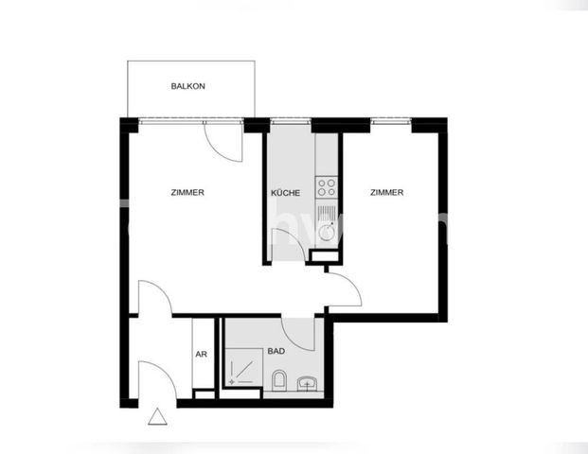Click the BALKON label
(x=187, y=86)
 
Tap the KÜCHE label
(x=285, y=193)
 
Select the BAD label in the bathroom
(x=276, y=350)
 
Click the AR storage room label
(x=201, y=356)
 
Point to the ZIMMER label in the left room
(x=187, y=193)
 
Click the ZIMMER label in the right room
(x=386, y=193)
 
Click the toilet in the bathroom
(x=278, y=381)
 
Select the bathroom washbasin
(x=307, y=382)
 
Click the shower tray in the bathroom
(x=242, y=368)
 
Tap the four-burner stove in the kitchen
(x=327, y=183)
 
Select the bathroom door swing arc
(x=299, y=333)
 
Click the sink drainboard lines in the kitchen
(x=327, y=208)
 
